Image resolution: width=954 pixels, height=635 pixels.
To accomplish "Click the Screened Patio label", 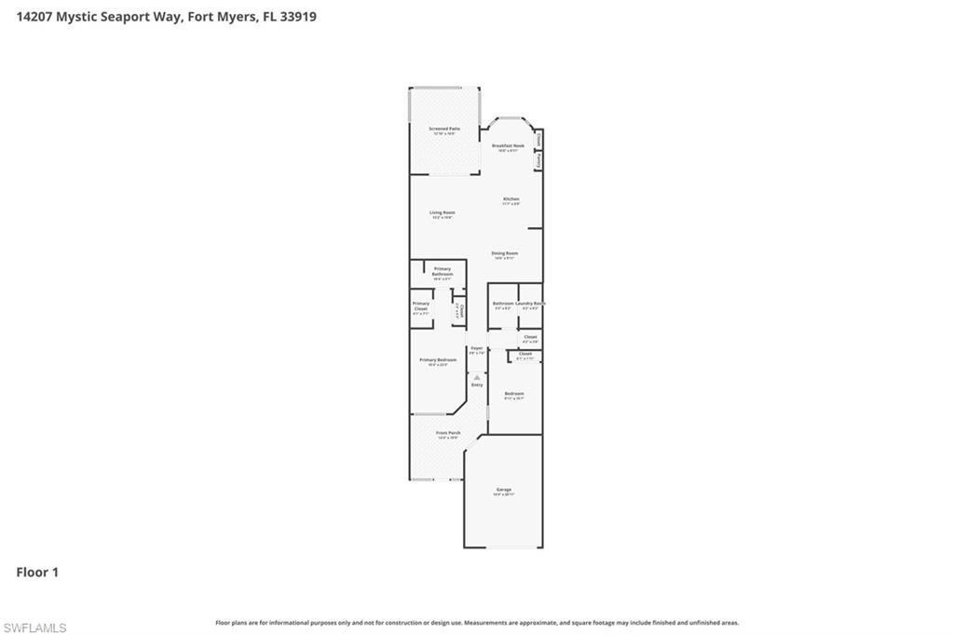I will pos(443,129).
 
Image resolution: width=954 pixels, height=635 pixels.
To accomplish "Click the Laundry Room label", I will pos(530,304).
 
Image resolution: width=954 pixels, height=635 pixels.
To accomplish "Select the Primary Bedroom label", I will pos(438,361).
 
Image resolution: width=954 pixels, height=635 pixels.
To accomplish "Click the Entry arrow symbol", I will pos(477,377).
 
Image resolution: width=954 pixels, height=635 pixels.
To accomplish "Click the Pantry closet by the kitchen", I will pos(538,161).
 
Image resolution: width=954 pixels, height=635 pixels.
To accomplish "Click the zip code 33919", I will pos(297,16).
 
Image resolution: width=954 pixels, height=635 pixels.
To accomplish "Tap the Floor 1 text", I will pos(37,573).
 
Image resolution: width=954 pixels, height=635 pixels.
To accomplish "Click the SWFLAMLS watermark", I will pos(34,628).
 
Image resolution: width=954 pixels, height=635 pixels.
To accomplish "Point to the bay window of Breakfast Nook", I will pos(510,119).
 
